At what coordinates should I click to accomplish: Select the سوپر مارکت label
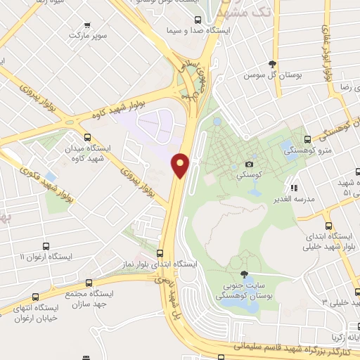(89, 34)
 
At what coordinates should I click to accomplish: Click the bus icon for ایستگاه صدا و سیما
(196, 20)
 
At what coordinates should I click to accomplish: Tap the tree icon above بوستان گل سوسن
(272, 64)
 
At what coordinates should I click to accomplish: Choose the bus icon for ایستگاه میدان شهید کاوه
(87, 139)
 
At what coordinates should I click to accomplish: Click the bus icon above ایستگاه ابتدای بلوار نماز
(160, 252)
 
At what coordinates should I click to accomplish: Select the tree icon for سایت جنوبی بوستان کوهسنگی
(244, 275)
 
